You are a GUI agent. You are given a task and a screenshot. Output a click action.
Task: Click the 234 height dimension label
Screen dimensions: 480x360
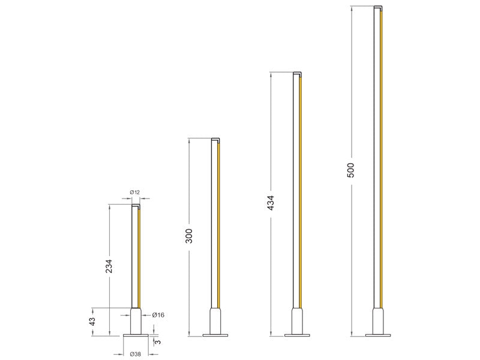pyautogui.click(x=109, y=266)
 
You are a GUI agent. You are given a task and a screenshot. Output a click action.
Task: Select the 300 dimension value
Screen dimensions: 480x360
pyautogui.click(x=189, y=236)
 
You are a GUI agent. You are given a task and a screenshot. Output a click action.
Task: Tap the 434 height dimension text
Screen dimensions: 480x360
pyautogui.click(x=271, y=203)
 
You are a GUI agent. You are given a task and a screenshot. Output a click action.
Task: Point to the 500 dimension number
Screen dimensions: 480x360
pyautogui.click(x=351, y=170)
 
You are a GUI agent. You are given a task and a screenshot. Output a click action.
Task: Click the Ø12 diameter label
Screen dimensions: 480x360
pyautogui.click(x=134, y=192)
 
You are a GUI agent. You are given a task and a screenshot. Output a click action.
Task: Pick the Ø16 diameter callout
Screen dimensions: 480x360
pyautogui.click(x=158, y=314)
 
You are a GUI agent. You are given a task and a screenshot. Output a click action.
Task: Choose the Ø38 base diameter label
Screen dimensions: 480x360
pyautogui.click(x=136, y=354)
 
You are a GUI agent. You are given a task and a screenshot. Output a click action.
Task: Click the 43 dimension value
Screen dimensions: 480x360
pyautogui.click(x=92, y=322)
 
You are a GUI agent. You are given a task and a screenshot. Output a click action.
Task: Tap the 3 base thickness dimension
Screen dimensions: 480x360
pyautogui.click(x=158, y=341)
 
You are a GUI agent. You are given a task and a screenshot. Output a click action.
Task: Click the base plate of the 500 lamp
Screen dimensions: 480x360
pyautogui.click(x=379, y=335)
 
